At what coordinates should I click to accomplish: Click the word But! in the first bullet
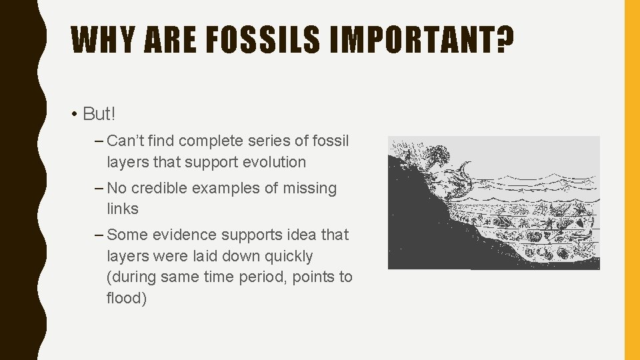click(99, 114)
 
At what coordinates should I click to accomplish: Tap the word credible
click(160, 188)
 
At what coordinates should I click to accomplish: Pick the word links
click(123, 209)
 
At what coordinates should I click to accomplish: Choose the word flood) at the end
click(127, 297)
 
